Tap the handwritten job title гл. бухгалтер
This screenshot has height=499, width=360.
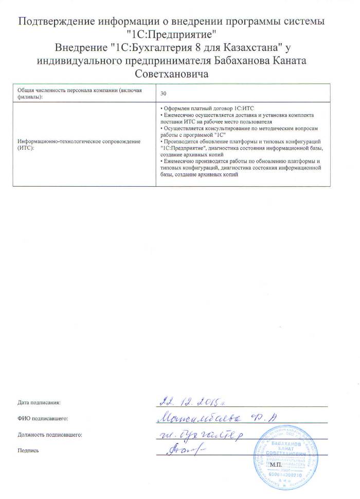point(201,435)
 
